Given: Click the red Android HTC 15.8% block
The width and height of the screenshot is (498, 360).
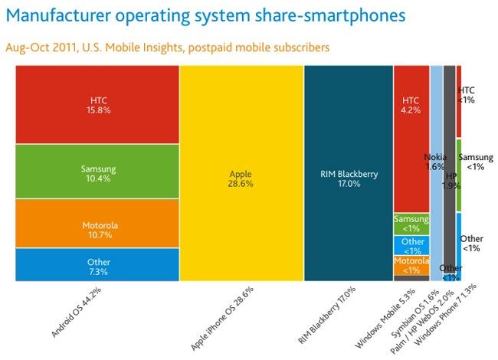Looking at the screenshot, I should pos(97,104).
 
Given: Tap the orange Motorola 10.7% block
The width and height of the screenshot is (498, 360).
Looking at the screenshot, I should pos(97,224).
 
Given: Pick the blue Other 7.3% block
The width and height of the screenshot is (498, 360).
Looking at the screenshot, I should pos(97,265).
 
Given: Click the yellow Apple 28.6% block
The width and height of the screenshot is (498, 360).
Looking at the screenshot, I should pos(241,173).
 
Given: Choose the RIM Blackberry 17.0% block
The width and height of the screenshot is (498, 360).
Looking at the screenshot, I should pos(348,173).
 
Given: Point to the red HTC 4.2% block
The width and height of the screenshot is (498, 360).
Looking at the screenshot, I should pos(411,138).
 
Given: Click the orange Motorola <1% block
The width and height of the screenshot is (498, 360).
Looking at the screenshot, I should pos(411,265).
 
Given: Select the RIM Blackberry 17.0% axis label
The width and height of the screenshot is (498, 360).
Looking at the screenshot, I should pos(331,315).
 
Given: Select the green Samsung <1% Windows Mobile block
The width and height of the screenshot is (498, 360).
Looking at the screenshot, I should pos(411,223).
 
